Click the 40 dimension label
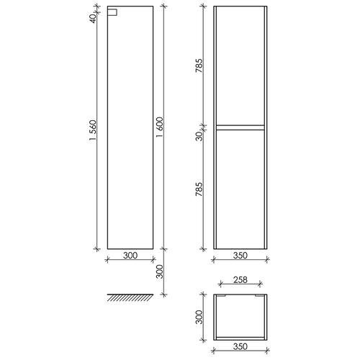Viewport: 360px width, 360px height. coord(94,17)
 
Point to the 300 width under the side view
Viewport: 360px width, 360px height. coord(130,254)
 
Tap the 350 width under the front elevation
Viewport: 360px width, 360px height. coord(240,254)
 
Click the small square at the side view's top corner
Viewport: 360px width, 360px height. coord(112,12)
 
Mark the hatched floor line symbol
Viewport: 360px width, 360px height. coord(130,297)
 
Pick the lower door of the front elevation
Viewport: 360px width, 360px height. coord(240,191)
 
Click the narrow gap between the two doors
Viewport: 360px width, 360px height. coord(240,127)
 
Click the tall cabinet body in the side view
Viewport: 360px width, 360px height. coord(130,130)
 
